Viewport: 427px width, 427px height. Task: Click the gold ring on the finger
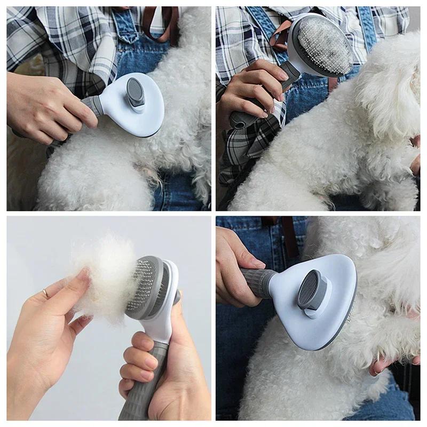point(46,293)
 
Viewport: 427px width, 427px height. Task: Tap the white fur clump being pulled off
point(104,272)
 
